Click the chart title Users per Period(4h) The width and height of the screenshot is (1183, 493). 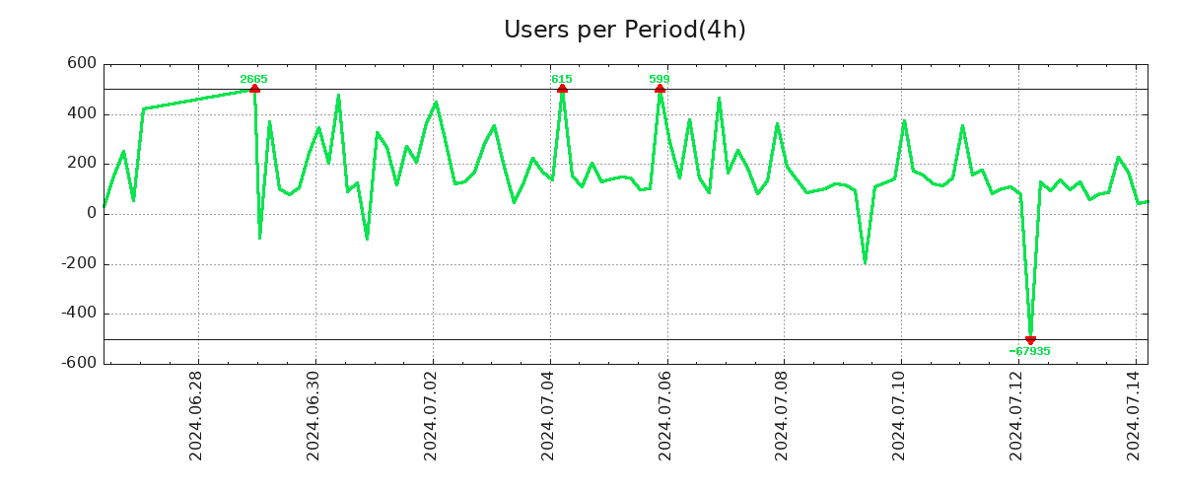(x=624, y=30)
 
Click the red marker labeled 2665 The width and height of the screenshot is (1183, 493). (x=254, y=89)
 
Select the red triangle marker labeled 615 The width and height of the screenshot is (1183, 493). (x=562, y=89)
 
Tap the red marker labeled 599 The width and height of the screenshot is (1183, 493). (x=660, y=89)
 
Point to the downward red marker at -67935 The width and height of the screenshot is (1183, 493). (x=1030, y=340)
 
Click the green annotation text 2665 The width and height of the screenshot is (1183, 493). (x=253, y=79)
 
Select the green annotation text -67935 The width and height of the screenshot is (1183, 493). (x=1029, y=351)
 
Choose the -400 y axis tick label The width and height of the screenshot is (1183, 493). (x=79, y=314)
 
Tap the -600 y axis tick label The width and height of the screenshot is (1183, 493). (x=79, y=363)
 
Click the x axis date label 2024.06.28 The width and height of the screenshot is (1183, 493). (x=197, y=419)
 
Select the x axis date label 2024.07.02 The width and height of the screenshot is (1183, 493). (x=432, y=419)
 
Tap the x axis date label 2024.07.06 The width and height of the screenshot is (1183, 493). (x=666, y=419)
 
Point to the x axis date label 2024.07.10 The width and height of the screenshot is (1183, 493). (x=901, y=419)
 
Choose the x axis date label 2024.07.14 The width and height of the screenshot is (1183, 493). (x=1136, y=419)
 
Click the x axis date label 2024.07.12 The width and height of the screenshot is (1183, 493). (x=1018, y=419)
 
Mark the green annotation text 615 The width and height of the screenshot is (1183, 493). (x=561, y=79)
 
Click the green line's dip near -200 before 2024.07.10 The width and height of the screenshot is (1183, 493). (x=865, y=262)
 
